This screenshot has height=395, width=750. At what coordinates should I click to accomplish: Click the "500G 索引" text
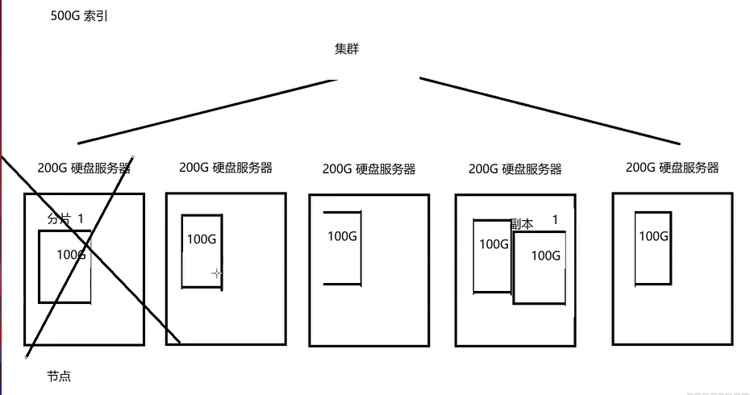tap(79, 15)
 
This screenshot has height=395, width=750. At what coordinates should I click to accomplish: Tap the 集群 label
tap(347, 49)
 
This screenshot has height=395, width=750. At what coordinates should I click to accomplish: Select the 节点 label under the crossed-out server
tap(60, 376)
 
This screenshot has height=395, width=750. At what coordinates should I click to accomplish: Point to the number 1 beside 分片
tap(81, 218)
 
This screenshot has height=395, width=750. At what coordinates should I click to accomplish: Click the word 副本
tap(522, 224)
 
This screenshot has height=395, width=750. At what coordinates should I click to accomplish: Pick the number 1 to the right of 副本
tap(555, 219)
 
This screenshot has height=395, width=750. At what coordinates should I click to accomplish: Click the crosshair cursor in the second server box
tap(216, 273)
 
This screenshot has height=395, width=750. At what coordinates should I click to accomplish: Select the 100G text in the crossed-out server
tap(71, 255)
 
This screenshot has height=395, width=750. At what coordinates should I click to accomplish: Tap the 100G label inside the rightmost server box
tap(653, 235)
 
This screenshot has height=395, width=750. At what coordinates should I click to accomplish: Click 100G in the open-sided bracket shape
tap(342, 235)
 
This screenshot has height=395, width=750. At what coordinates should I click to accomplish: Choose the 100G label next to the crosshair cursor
tap(202, 239)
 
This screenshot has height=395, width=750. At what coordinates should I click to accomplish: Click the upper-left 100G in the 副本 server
tap(494, 243)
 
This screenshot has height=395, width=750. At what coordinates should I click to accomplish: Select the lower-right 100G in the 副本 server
tap(545, 256)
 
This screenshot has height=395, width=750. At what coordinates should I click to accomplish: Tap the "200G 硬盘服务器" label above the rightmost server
tap(672, 168)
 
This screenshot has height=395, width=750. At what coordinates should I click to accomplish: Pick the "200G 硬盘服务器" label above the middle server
tap(369, 169)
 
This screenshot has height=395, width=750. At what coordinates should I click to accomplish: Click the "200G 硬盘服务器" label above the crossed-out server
tap(84, 168)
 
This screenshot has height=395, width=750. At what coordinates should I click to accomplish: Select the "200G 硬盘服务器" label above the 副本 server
tap(515, 169)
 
